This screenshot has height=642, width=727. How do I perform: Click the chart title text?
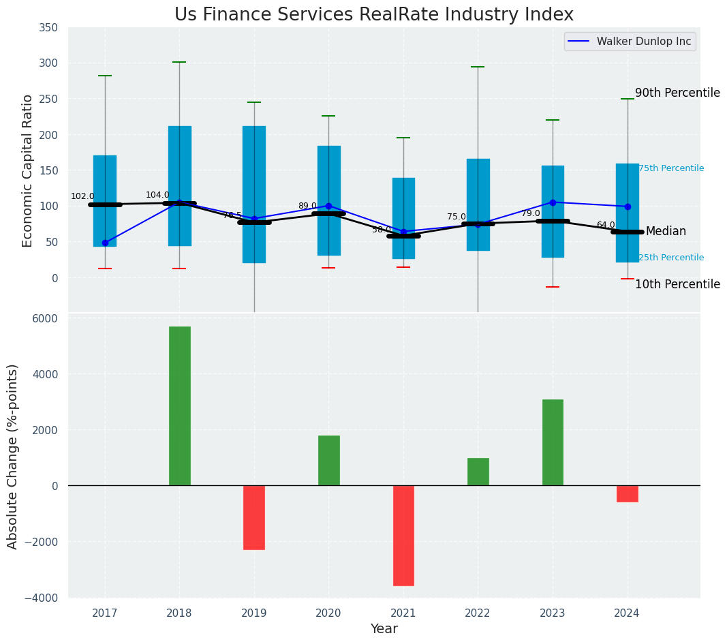tap(374, 14)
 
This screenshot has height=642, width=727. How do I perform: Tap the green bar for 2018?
tap(180, 406)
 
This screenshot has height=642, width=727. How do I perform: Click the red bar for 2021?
tap(403, 535)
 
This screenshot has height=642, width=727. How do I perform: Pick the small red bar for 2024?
tap(627, 493)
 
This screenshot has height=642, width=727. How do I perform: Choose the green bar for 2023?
tap(553, 442)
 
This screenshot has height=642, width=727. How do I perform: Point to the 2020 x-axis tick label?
tap(328, 613)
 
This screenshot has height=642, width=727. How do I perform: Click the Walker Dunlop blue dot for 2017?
tap(105, 243)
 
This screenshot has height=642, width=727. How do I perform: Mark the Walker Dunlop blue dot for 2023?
tap(553, 202)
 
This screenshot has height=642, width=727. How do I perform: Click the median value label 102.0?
tap(82, 196)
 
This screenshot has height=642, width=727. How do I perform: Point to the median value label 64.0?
tap(606, 225)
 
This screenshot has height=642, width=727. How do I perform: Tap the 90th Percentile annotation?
tap(677, 93)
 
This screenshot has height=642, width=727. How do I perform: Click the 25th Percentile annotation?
tap(671, 258)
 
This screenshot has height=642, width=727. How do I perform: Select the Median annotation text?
tap(666, 232)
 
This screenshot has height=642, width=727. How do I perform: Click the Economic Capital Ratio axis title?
tap(28, 170)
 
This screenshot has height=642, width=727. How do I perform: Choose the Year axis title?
tap(384, 629)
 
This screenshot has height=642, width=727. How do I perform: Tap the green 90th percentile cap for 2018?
tap(179, 62)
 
